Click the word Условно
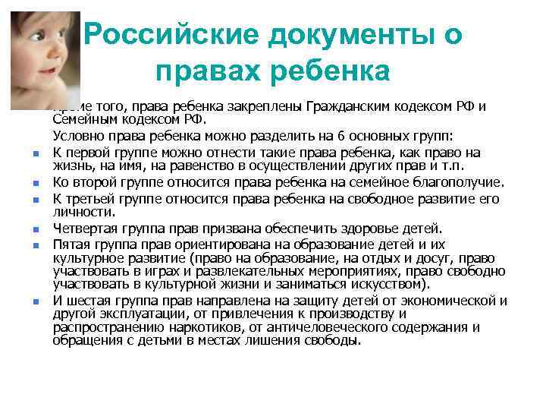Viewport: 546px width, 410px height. click(x=77, y=137)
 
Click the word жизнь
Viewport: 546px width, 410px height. click(x=71, y=165)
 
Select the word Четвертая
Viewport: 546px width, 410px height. click(x=86, y=228)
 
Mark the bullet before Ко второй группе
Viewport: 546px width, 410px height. click(x=37, y=184)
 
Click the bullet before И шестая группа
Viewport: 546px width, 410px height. click(x=37, y=301)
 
